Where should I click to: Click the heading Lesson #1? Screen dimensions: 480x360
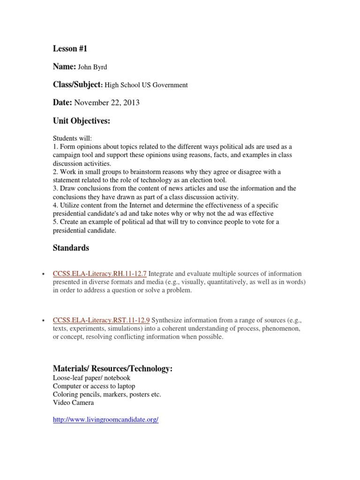click(70, 49)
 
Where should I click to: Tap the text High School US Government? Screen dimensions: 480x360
click(146, 85)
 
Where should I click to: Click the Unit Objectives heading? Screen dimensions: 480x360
click(81, 121)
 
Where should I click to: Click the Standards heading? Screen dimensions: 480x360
click(71, 247)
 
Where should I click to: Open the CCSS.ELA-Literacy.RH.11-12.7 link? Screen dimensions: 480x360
click(100, 274)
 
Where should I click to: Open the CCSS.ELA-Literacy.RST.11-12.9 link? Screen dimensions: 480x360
click(101, 321)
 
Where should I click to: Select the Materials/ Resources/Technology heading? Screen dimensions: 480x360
click(113, 369)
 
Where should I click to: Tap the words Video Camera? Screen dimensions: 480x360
click(73, 403)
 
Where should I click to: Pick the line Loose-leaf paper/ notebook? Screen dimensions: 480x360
click(92, 378)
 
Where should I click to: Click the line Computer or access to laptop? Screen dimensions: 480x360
click(94, 386)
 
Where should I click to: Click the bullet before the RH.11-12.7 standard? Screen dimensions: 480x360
click(43, 274)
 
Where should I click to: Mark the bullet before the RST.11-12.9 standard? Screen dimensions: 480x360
click(43, 321)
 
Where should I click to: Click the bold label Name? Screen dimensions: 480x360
click(64, 67)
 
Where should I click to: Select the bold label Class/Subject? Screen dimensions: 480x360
click(77, 85)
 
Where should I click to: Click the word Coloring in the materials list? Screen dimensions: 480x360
click(65, 395)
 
